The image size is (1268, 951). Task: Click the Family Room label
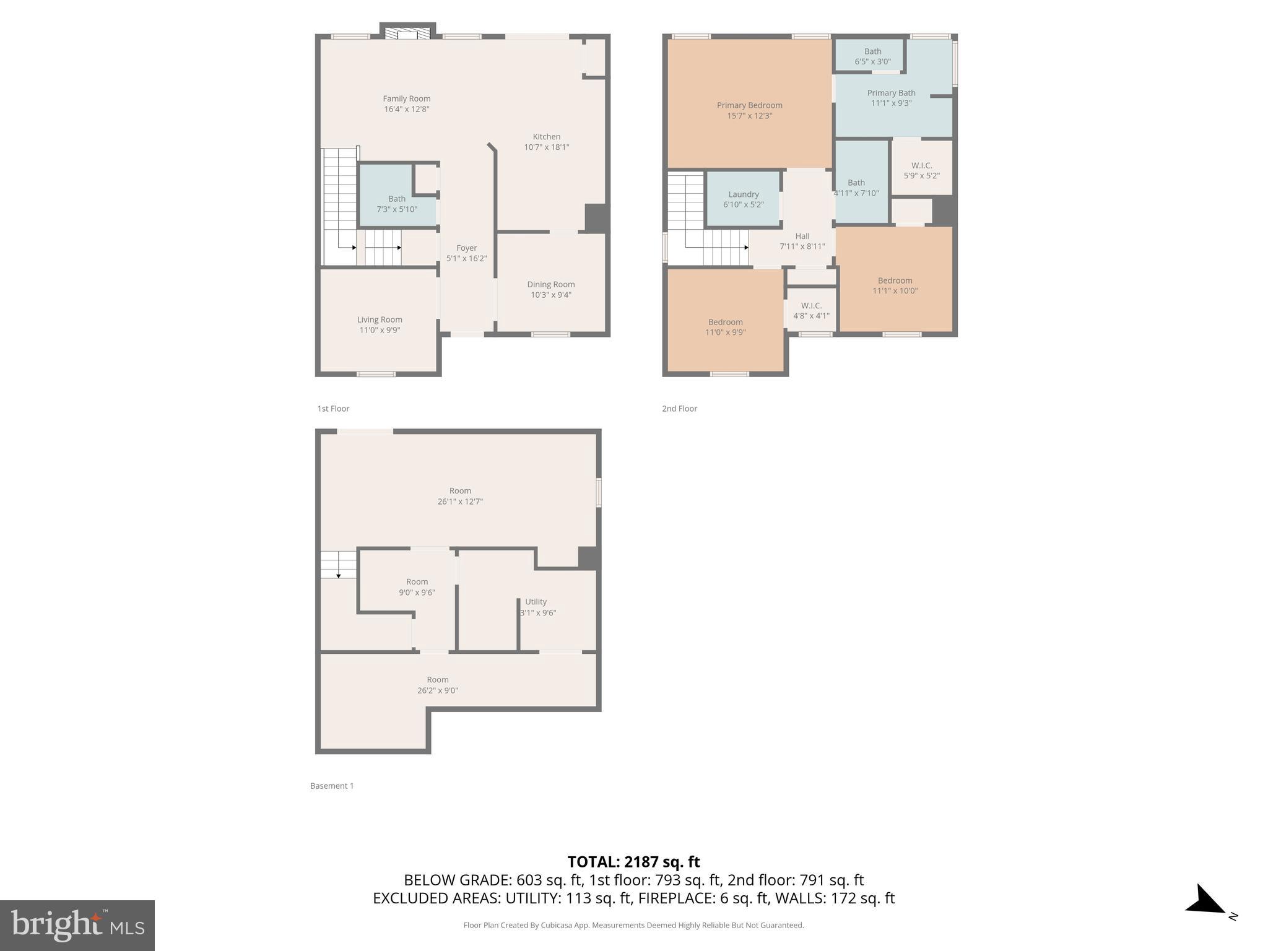406,98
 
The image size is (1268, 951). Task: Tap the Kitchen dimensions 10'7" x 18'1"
546,147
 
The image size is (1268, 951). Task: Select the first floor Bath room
396,204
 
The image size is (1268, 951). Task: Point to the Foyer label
466,248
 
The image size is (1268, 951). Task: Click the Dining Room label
550,284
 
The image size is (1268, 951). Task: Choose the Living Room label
380,319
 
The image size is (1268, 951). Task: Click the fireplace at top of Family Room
407,33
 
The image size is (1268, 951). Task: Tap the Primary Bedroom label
749,105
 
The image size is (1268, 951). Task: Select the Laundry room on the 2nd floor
743,199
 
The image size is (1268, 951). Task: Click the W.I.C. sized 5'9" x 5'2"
921,170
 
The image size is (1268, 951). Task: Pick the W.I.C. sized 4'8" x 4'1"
811,310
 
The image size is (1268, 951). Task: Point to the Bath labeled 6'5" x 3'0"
872,56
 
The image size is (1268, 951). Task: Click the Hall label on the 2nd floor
802,236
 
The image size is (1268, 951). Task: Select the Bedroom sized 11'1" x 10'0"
895,285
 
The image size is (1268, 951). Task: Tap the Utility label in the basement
536,601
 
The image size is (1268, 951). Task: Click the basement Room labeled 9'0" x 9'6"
417,586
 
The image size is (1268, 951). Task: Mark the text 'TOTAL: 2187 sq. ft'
633,861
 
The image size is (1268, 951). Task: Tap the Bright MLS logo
77,925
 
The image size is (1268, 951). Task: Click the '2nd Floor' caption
679,409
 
